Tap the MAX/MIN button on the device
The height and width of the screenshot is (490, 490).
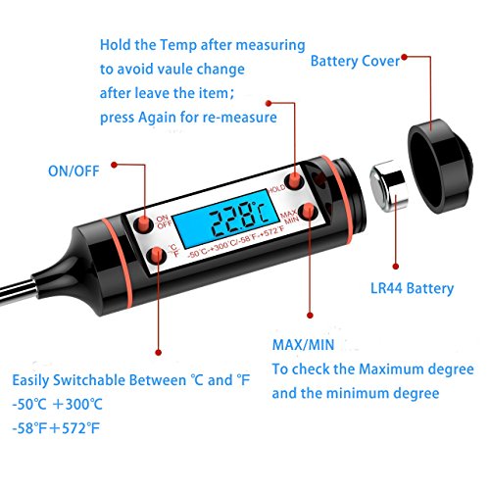307,212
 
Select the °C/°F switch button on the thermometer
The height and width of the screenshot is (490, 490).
157,255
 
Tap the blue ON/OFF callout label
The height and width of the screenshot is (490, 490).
73,171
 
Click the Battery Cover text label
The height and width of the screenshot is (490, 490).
355,61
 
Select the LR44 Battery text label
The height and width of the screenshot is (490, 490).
412,288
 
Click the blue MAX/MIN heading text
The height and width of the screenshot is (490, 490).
303,345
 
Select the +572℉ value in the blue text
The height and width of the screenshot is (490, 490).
75,428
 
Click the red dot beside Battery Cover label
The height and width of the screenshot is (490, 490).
404,57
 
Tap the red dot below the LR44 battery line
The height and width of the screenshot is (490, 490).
396,267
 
